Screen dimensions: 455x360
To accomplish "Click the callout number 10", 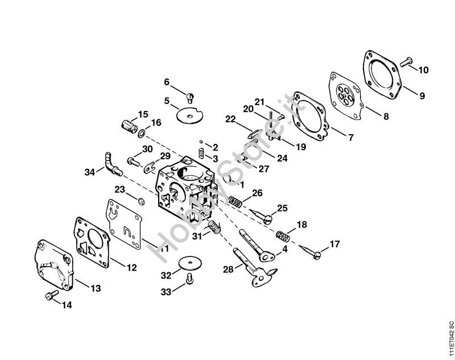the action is point(423,70).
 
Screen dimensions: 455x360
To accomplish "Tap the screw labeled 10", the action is point(406,62).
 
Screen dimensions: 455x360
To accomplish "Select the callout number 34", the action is point(90,172).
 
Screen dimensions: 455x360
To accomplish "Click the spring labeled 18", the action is point(282,236).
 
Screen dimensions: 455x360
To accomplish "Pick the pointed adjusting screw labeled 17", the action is point(309,252).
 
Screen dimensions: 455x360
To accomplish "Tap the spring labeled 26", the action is point(235,202).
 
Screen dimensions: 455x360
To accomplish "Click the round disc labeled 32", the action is point(190,263).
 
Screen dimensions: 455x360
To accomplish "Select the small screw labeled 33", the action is point(190,278).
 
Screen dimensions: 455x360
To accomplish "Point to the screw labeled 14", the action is point(52,295).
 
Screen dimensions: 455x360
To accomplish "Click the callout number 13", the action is point(96,288).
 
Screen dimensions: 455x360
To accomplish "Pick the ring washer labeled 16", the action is point(142,134).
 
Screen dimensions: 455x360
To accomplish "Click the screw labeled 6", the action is point(190,98).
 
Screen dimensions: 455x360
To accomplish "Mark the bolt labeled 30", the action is point(134,162).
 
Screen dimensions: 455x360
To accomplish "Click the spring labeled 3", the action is point(201,153).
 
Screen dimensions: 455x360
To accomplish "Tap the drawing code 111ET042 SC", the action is point(450,339).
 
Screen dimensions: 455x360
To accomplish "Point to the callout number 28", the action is point(228,270).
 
